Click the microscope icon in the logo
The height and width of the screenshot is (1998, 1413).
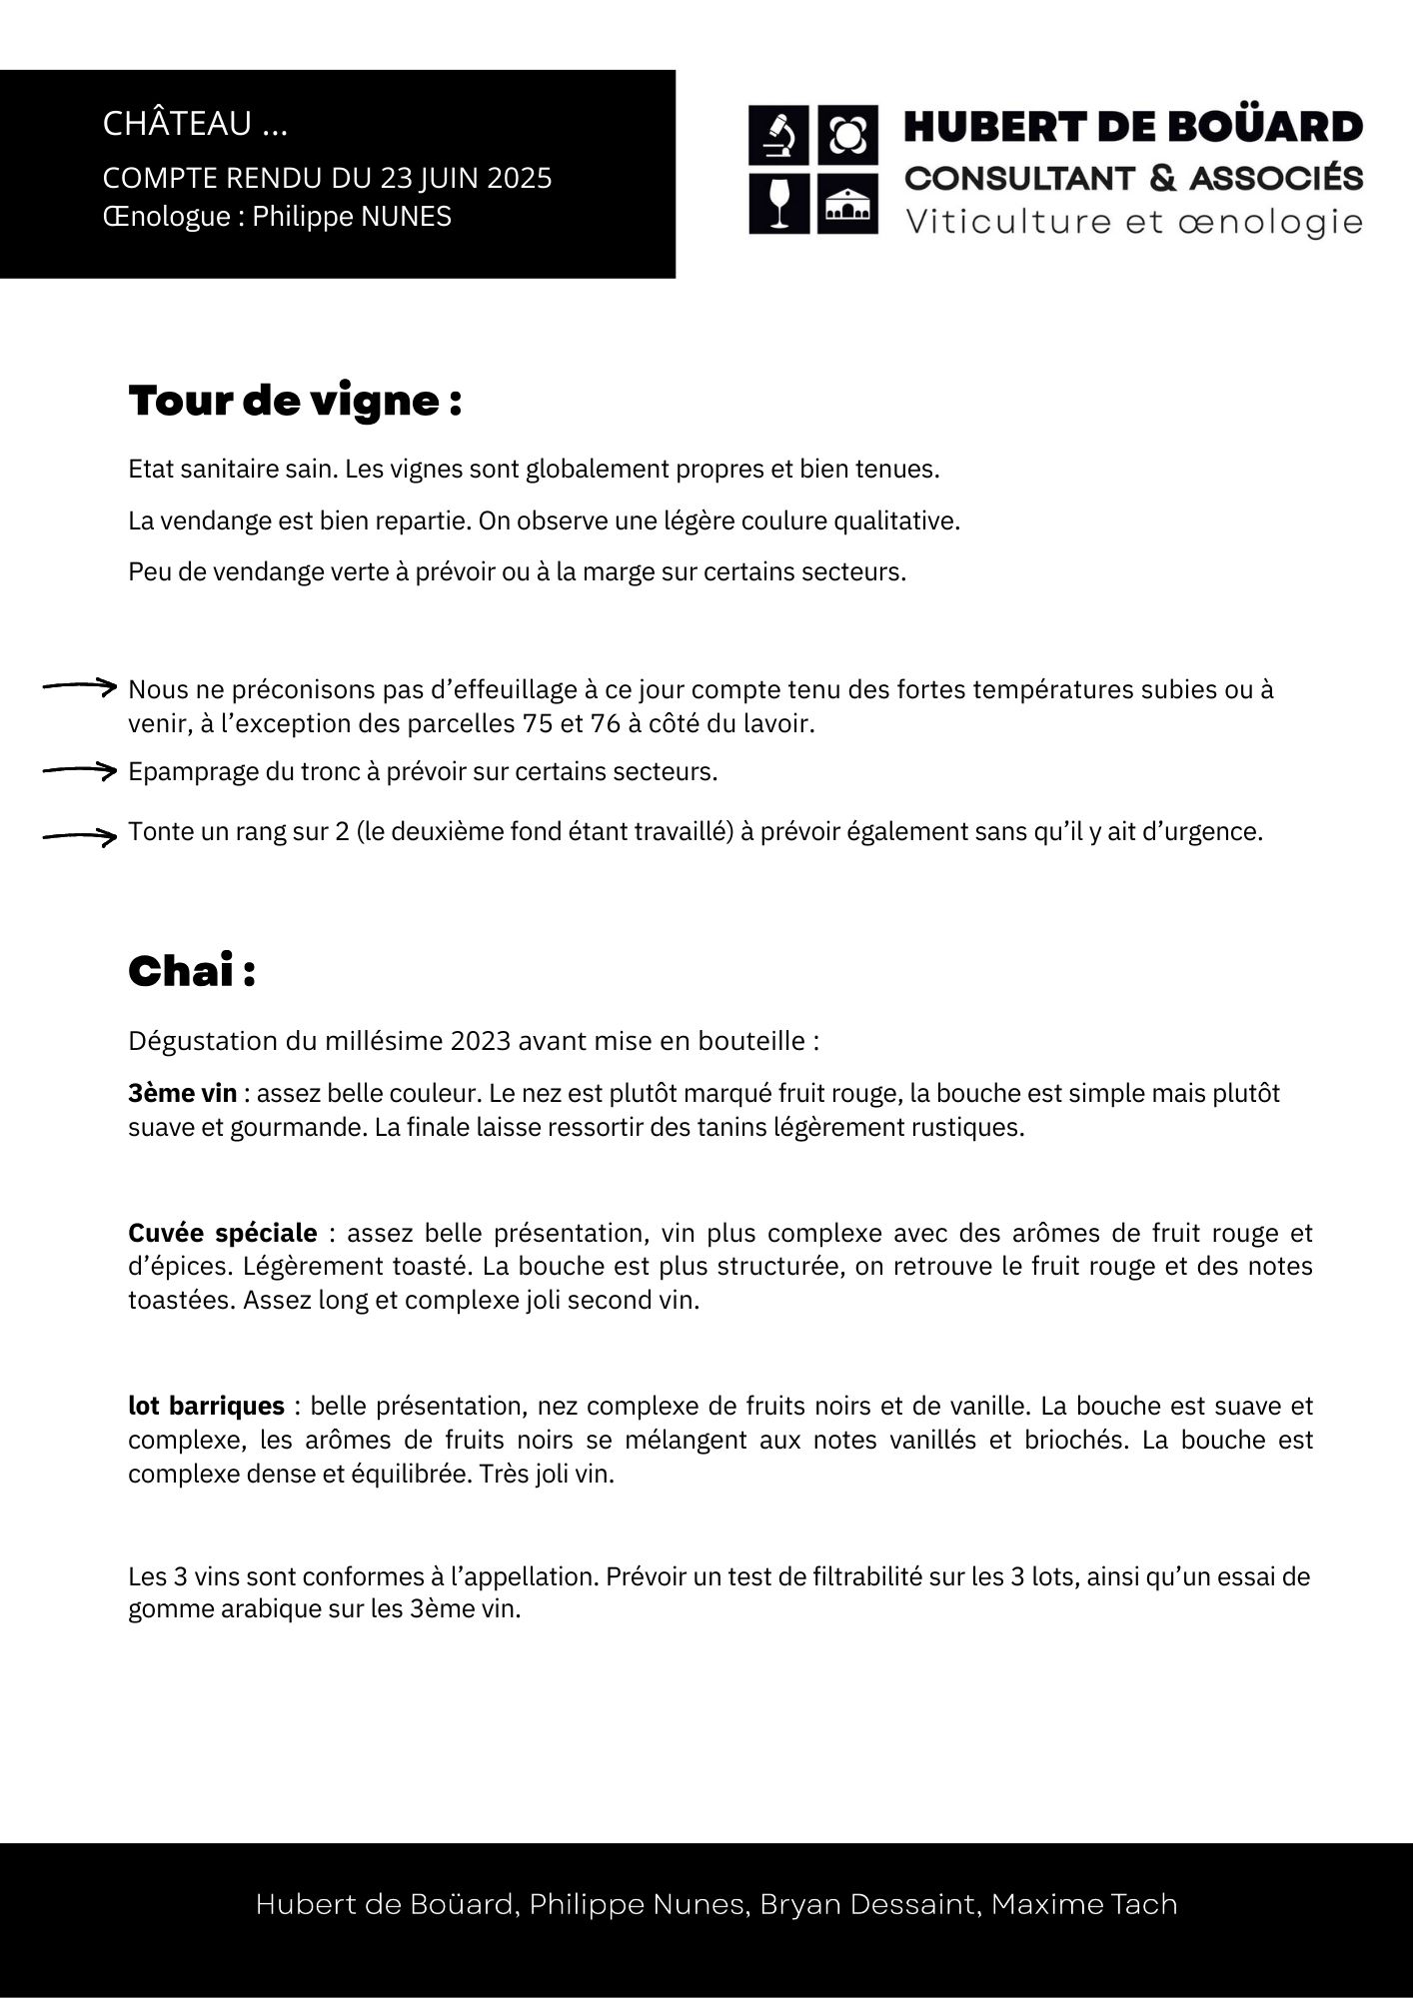tap(778, 136)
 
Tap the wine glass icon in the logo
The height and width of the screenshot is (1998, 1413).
tap(778, 204)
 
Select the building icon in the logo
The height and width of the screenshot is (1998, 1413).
tap(847, 204)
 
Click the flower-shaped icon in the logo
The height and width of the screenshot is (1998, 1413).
tap(847, 136)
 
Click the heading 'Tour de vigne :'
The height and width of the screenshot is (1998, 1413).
tap(295, 401)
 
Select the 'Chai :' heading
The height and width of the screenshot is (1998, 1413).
tap(192, 971)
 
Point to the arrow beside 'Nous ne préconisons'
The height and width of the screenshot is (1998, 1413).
tap(80, 686)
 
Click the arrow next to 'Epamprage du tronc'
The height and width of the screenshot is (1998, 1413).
tap(80, 770)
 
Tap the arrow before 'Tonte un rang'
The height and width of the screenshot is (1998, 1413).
tap(80, 836)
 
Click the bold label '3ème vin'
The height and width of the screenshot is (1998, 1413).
tap(183, 1093)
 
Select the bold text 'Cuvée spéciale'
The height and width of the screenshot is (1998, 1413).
tap(222, 1233)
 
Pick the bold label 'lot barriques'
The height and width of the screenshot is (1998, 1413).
tap(206, 1406)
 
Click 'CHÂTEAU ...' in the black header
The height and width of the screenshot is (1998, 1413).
tap(195, 124)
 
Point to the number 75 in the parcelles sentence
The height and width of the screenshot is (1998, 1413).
tap(537, 723)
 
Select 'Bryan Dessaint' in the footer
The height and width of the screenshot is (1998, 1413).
tap(866, 1904)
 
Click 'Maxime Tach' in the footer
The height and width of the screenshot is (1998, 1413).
tap(1084, 1904)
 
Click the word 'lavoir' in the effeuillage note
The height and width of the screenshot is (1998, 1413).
tap(775, 723)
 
